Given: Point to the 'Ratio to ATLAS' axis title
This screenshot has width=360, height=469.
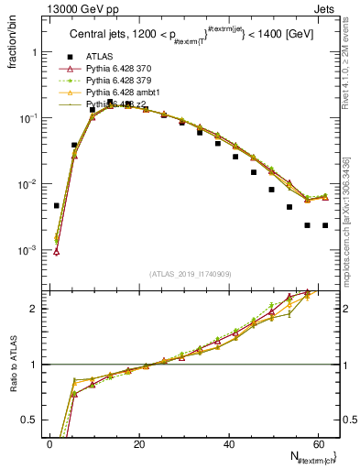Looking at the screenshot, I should [13, 383].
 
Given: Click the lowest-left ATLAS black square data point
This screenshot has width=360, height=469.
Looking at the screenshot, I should [57, 206].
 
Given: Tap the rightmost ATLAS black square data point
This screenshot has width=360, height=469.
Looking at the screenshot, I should [325, 225].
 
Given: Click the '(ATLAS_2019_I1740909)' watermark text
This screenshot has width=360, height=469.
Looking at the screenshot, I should [191, 274].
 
